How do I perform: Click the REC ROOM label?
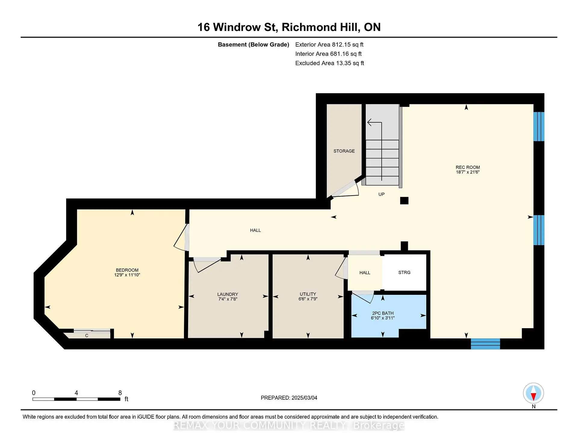coord(468,167)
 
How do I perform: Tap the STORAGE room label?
coord(344,151)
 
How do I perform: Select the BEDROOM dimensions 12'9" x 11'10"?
coord(127,275)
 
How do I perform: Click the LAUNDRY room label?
coord(228,294)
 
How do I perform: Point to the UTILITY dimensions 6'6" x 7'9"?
coord(308,299)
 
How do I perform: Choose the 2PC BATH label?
coord(383,313)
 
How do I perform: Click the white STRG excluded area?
coord(404,273)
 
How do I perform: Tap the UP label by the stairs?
coord(381,194)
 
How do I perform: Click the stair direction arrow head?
coord(369,122)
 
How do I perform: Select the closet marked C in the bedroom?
coord(87,335)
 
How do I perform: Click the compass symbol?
coord(533,393)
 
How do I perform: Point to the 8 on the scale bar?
coord(120,393)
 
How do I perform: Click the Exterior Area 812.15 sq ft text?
coord(329,44)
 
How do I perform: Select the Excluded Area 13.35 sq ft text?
coord(329,63)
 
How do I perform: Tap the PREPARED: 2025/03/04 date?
coord(289,398)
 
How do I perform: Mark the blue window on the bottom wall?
coord(485,344)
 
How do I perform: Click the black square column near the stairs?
coord(404,200)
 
